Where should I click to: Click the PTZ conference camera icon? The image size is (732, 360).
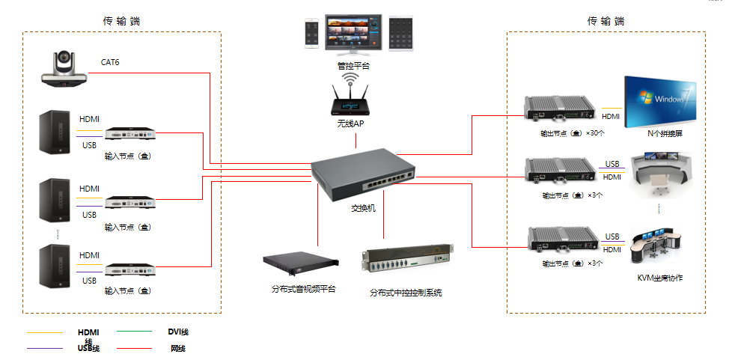pyautogui.click(x=65, y=70)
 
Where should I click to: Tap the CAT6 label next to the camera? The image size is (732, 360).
pyautogui.click(x=110, y=62)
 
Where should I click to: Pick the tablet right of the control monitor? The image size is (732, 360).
pyautogui.click(x=402, y=33)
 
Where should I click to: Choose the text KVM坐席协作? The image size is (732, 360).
pyautogui.click(x=659, y=278)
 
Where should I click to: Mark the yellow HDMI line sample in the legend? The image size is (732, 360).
pyautogui.click(x=44, y=332)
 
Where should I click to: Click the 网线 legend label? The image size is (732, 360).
pyautogui.click(x=177, y=348)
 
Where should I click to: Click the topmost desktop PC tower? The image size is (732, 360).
pyautogui.click(x=58, y=133)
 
